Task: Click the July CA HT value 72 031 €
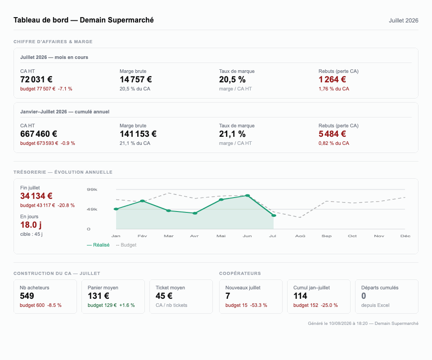coord(36,80)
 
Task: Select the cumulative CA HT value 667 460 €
coord(39,134)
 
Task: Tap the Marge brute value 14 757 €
coord(135,80)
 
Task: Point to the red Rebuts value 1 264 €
coord(332,80)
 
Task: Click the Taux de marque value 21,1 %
coord(232,134)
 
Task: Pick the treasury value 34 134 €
coord(36,196)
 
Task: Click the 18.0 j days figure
coord(31,225)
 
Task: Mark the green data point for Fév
coord(143,201)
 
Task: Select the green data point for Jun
coord(247,196)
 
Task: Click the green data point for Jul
coord(274,216)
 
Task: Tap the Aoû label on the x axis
coord(300,236)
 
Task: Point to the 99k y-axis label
coord(92,189)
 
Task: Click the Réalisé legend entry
coord(98,245)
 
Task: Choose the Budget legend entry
coord(126,245)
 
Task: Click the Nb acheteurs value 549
coord(27,296)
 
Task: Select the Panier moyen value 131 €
coord(99,296)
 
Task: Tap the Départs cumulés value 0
coord(364,296)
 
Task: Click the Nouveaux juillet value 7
coord(228,296)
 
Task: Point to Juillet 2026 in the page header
coord(403,21)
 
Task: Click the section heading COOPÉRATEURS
coord(240,274)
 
